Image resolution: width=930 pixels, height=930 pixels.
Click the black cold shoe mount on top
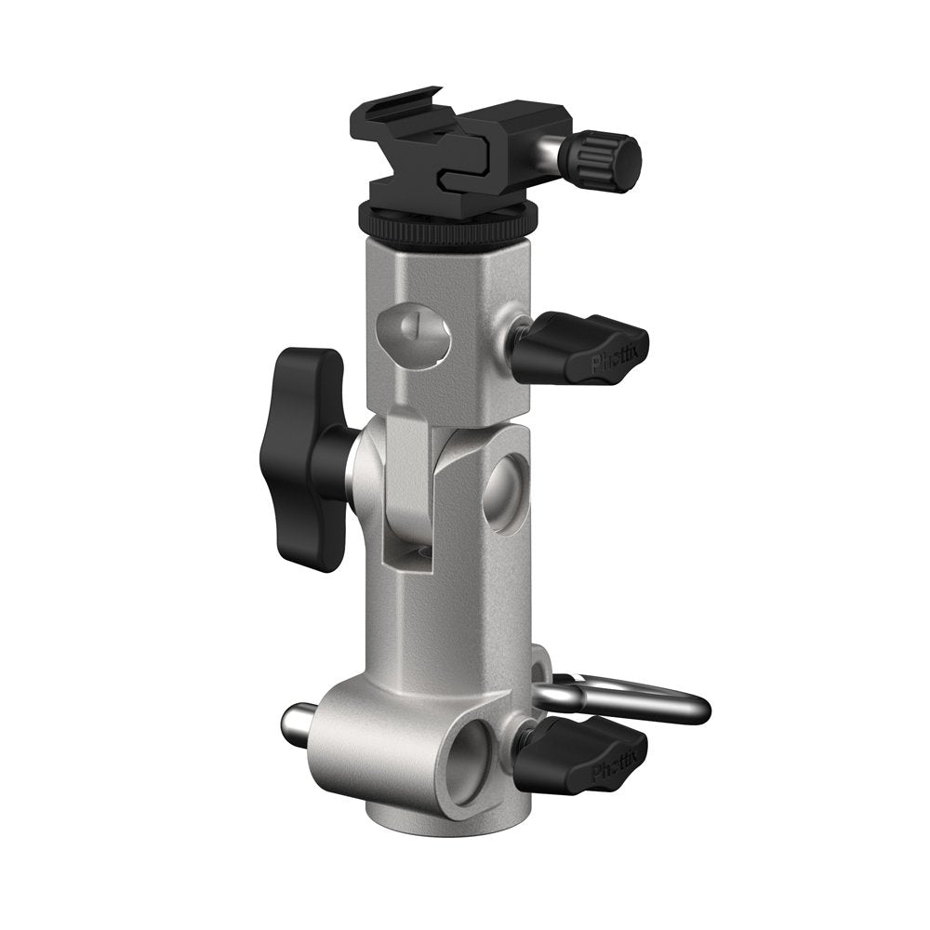click(437, 149)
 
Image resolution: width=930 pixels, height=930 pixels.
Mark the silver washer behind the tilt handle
click(352, 460)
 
